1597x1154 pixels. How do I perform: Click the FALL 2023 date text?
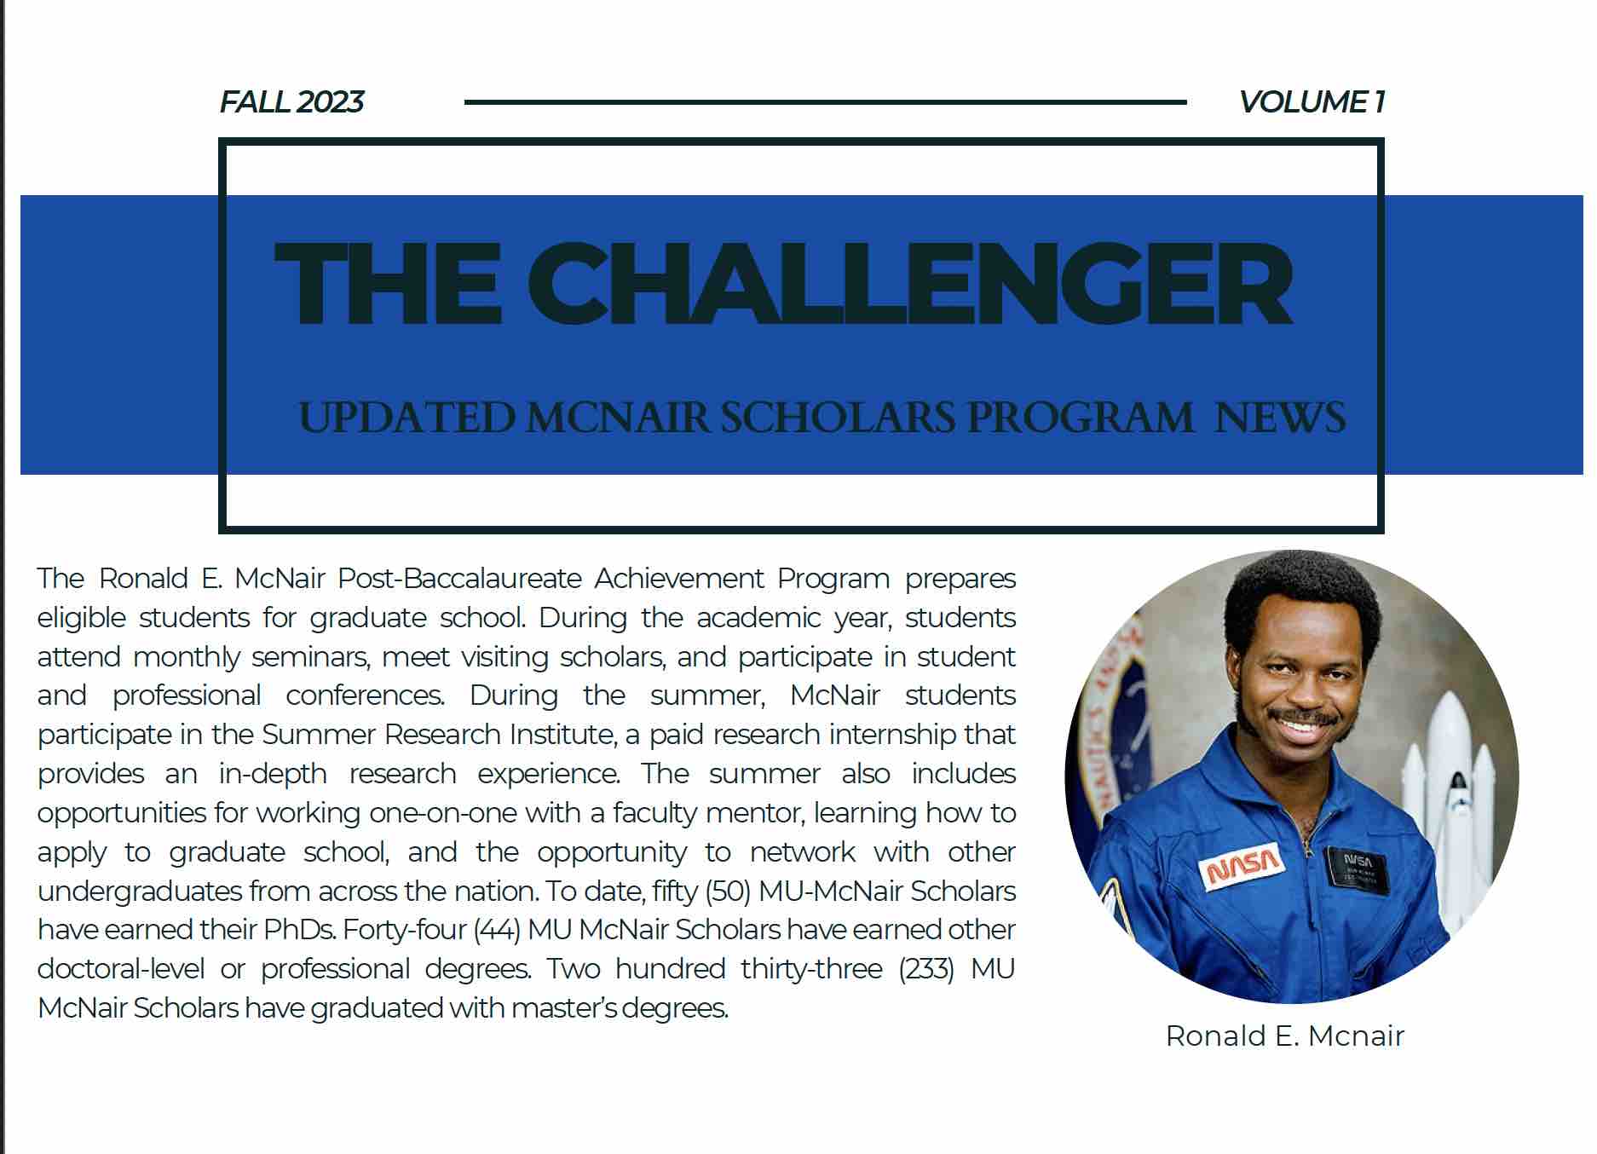[x=291, y=102]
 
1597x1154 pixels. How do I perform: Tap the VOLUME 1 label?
[x=1311, y=102]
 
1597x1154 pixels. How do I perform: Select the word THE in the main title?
[x=388, y=284]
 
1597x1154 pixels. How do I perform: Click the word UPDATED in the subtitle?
[x=407, y=418]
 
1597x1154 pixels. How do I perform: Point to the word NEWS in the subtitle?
[x=1280, y=418]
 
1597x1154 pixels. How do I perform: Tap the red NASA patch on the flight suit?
[x=1243, y=865]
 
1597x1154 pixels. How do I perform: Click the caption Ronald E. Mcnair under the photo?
[x=1284, y=1036]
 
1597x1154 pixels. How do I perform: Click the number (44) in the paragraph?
[x=497, y=930]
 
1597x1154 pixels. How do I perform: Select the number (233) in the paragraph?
[x=925, y=969]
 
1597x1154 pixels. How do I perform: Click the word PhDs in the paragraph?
[x=297, y=930]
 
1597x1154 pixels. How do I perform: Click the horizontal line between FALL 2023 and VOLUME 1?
[x=825, y=102]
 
